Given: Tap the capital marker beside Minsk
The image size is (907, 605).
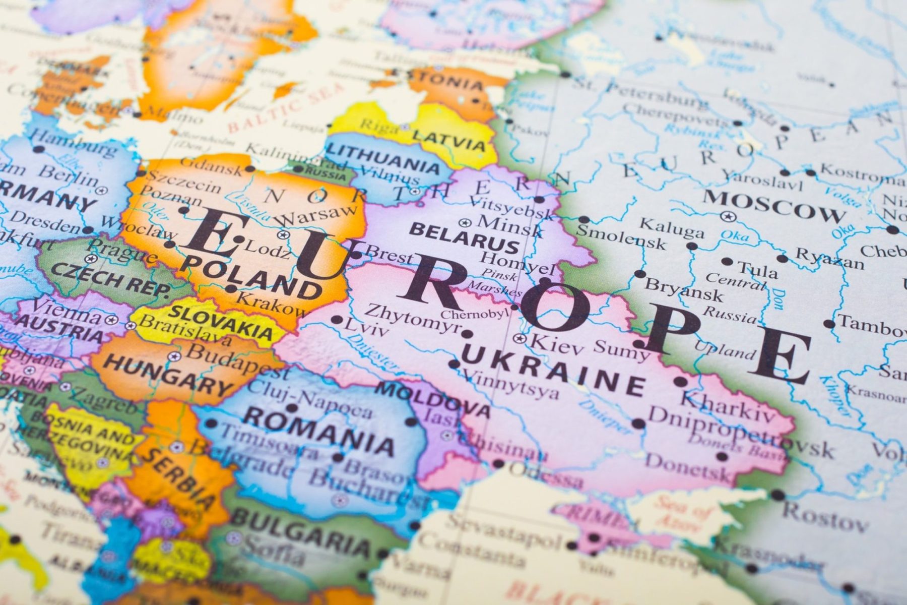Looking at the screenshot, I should pyautogui.click(x=465, y=222).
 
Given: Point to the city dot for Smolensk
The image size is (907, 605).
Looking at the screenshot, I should pyautogui.click(x=584, y=220).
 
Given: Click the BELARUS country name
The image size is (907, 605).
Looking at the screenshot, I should pyautogui.click(x=464, y=237).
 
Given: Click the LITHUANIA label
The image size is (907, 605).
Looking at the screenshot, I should pyautogui.click(x=383, y=157).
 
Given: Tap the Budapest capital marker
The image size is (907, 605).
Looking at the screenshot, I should pyautogui.click(x=175, y=356).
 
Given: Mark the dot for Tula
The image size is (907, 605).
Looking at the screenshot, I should pyautogui.click(x=727, y=262).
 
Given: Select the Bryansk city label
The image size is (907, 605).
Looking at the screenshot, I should pyautogui.click(x=683, y=289).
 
